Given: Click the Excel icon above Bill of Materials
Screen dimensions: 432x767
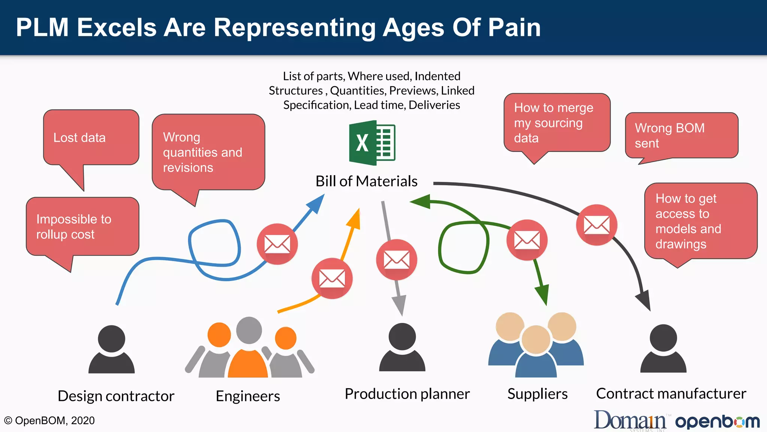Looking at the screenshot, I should tap(372, 143).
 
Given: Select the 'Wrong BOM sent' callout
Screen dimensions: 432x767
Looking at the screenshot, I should tap(681, 136).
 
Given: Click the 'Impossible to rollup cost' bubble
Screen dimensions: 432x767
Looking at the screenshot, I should tap(82, 226).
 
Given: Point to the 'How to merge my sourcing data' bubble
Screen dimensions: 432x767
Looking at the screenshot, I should tap(557, 123).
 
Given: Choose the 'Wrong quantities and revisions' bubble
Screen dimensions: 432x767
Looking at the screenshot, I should tap(208, 152).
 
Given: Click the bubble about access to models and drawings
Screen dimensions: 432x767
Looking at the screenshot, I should tap(700, 221).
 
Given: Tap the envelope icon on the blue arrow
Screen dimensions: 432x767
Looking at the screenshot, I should tap(277, 244).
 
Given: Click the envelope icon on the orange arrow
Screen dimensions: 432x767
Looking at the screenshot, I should tap(332, 278).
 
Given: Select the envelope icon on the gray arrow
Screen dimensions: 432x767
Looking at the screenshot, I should tap(396, 259).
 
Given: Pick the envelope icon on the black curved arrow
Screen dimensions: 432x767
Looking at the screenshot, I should tap(596, 225).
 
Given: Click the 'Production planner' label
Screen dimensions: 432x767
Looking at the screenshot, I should tap(407, 394).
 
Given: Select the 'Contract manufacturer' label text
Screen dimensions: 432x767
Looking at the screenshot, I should tap(671, 394).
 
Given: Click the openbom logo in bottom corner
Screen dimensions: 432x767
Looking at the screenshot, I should tap(717, 421).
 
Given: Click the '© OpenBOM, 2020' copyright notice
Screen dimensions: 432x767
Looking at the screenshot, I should tap(49, 420).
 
